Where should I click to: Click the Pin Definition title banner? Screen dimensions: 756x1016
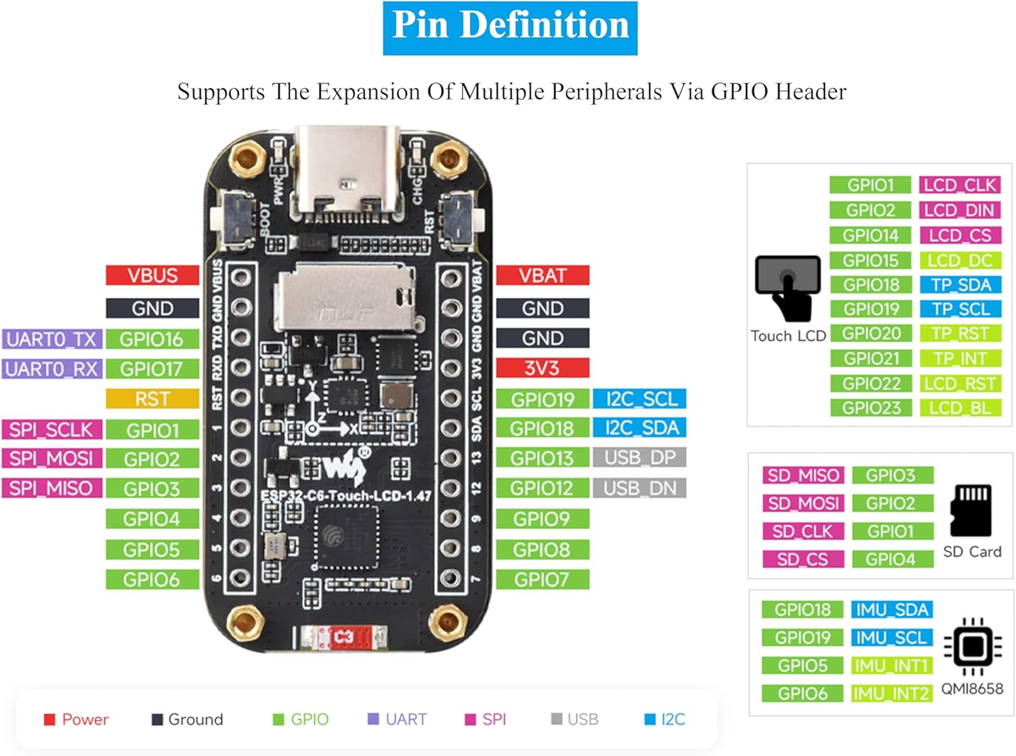coord(509,28)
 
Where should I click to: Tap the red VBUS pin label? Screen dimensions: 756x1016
coord(152,276)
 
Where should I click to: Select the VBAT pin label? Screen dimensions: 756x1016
coord(543,276)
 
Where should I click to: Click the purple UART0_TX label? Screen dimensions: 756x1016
coord(51,339)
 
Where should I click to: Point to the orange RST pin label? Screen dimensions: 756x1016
coord(152,399)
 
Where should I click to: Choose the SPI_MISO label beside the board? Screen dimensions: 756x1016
coord(51,488)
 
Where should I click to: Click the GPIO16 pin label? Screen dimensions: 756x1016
coord(152,339)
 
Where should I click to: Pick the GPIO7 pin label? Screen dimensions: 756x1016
coord(543,580)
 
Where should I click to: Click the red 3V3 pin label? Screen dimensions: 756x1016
coord(543,369)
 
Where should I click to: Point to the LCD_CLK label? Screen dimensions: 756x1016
coord(960,185)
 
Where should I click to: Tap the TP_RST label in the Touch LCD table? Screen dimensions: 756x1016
coord(960,333)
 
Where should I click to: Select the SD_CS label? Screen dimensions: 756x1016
coord(803,560)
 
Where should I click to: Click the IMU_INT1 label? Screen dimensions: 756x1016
coord(891,666)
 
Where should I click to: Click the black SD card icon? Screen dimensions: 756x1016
coord(972,510)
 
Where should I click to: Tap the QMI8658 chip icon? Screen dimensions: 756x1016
coord(973,647)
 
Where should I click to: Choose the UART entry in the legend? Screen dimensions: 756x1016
coord(398,719)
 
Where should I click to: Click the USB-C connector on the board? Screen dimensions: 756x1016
coord(347,173)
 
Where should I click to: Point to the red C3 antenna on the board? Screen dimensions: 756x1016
coord(342,637)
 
